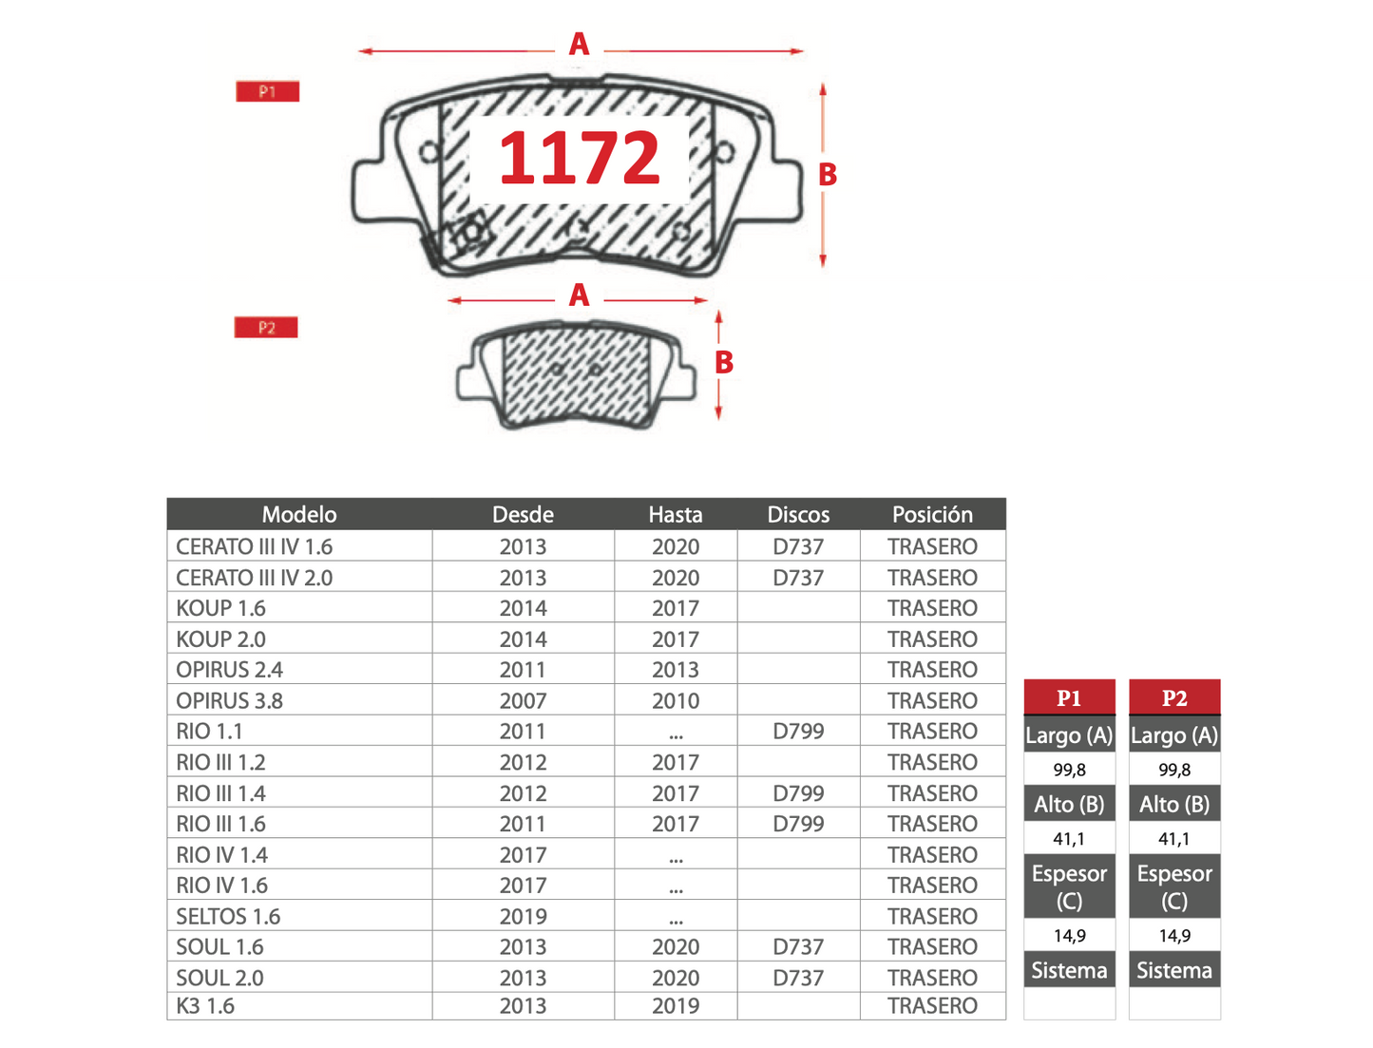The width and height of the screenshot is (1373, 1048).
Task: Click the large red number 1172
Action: (x=579, y=158)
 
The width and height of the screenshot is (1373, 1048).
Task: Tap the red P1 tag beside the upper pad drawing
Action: (x=267, y=91)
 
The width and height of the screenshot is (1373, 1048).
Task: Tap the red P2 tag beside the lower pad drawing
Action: (x=266, y=327)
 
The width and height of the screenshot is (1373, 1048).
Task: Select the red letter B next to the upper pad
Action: (x=828, y=175)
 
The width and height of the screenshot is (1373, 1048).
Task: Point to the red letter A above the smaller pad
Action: (x=579, y=295)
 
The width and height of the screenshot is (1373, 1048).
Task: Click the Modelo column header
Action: (x=299, y=514)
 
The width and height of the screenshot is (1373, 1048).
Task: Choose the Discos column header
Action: (x=798, y=514)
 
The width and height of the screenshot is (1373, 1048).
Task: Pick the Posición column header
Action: (x=932, y=514)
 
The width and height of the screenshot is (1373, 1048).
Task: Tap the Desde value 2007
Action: (x=523, y=700)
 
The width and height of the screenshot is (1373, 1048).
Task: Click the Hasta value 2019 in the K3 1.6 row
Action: (x=676, y=1005)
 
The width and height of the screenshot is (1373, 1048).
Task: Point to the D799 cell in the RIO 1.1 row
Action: (x=798, y=731)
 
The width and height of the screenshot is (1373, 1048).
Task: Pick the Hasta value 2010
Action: (x=676, y=700)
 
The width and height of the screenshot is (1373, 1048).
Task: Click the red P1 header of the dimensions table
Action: (x=1069, y=697)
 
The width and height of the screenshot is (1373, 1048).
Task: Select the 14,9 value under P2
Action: (x=1174, y=936)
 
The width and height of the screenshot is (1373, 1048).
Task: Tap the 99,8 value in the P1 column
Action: (x=1069, y=769)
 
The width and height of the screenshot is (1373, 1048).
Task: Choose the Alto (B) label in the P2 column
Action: (x=1174, y=804)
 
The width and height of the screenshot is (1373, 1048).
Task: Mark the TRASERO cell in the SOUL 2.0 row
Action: (x=932, y=978)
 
